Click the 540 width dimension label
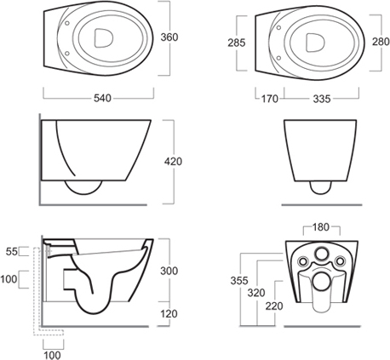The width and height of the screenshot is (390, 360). tap(103, 99)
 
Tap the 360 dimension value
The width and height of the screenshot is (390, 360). tap(169, 37)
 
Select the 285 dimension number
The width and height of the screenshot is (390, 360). tap(237, 43)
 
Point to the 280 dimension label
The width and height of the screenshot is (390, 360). tap(381, 42)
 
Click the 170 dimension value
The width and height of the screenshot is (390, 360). tap(270, 99)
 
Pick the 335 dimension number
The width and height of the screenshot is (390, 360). tap(322, 99)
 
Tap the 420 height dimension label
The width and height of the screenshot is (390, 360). tap(173, 162)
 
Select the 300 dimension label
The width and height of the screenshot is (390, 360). tap(169, 271)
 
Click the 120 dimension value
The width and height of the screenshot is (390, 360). tap(169, 314)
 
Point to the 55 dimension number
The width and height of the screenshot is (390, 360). tap(12, 251)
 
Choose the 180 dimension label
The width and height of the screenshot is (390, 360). tap(321, 227)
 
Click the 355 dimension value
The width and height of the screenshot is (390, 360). tap(239, 281)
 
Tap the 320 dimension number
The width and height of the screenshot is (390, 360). tap(256, 293)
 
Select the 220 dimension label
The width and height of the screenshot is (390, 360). tap(274, 306)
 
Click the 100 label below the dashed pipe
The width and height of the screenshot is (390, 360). tap(52, 355)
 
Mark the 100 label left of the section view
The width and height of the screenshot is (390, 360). tap(9, 279)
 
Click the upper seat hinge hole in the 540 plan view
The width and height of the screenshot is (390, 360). tap(67, 24)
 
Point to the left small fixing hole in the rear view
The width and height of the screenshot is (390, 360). tap(303, 261)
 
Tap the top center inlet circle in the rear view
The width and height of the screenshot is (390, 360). tap(322, 254)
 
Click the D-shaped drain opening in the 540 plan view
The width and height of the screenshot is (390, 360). tap(103, 37)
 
